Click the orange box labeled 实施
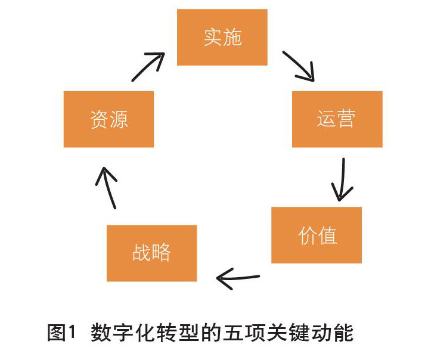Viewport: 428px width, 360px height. point(222,37)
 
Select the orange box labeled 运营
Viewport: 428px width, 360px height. point(337,119)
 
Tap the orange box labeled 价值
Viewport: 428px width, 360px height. point(317,235)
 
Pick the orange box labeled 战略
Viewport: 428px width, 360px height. point(151,253)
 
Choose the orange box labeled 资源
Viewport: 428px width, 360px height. point(108,119)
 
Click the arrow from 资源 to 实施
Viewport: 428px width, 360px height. point(148,67)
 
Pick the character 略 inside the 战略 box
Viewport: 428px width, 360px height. point(162,253)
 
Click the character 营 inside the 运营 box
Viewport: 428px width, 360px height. point(346,119)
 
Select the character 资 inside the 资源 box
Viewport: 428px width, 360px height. point(99,119)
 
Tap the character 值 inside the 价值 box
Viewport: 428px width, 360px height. point(327,235)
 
